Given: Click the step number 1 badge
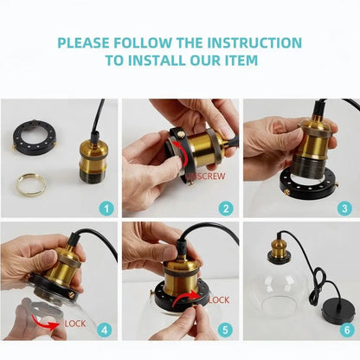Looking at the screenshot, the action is click(x=106, y=209).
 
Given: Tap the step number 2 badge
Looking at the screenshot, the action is click(x=226, y=209).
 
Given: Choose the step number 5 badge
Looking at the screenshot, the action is click(x=225, y=330).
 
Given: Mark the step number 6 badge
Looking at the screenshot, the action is click(x=347, y=330).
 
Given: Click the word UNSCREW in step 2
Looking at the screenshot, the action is click(x=205, y=176).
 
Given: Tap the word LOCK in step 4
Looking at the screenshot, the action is click(x=75, y=324).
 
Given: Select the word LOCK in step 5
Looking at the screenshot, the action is click(x=219, y=300).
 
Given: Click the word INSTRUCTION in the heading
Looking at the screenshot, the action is click(x=254, y=42).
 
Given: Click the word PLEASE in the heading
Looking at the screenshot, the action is click(x=84, y=42).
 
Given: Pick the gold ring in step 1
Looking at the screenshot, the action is click(x=31, y=183).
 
